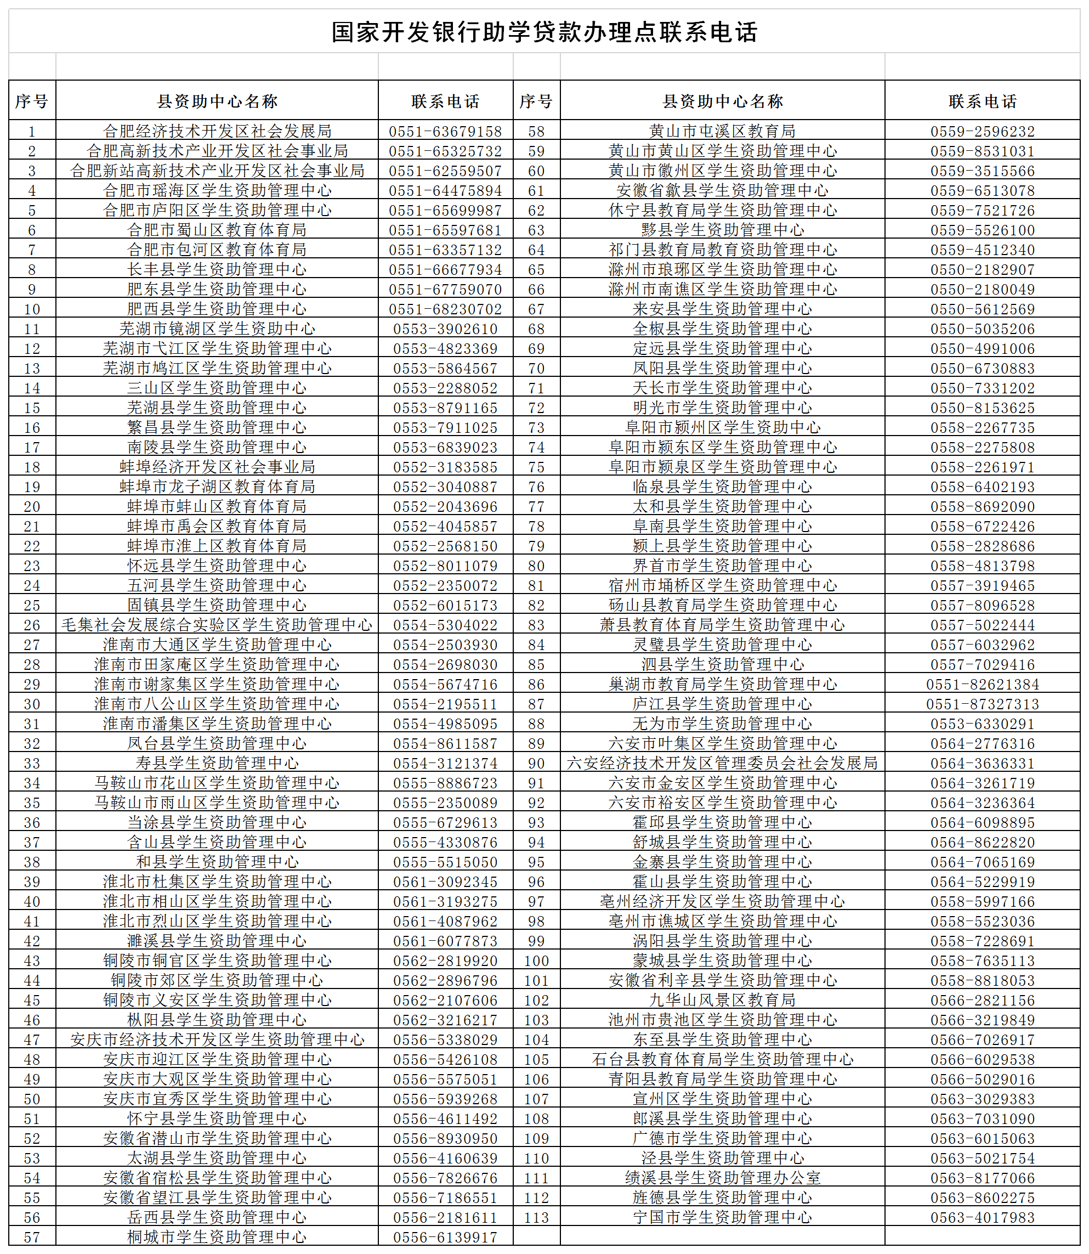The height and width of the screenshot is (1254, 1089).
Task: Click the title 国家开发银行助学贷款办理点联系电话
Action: tap(544, 32)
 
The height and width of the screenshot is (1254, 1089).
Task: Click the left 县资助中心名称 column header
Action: tap(217, 101)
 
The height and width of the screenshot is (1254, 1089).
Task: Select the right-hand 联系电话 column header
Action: tap(982, 101)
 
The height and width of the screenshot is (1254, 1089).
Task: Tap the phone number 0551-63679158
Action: tap(445, 131)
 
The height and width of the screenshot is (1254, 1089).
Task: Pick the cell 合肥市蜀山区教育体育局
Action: tap(217, 230)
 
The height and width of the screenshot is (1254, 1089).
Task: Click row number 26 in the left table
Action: tap(32, 625)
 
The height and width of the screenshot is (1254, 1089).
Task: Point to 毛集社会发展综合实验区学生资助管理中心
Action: tap(217, 625)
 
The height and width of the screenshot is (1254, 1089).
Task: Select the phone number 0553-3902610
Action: tap(445, 329)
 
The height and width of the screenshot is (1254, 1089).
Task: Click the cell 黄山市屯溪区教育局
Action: tap(722, 131)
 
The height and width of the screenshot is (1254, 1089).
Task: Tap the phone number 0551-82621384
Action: tap(982, 685)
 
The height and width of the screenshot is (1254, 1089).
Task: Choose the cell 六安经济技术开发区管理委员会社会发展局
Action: tap(722, 764)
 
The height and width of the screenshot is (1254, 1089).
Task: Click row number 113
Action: tap(537, 1218)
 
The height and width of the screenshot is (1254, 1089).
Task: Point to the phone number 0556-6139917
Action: tap(445, 1238)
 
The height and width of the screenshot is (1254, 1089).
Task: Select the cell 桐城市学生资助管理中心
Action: tap(217, 1238)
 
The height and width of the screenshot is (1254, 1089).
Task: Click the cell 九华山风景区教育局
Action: tap(722, 1001)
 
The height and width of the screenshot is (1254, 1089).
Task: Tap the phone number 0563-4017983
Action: tap(982, 1218)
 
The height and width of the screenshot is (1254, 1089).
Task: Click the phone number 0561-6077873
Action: tap(445, 941)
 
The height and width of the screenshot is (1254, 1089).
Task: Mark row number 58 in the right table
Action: tap(537, 131)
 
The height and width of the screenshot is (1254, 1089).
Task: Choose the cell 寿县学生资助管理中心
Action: tap(217, 764)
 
